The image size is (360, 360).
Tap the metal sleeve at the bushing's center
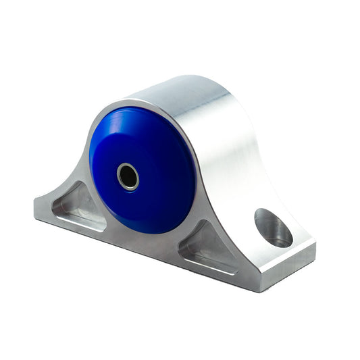pyautogui.click(x=128, y=177)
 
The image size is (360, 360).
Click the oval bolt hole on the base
pyautogui.click(x=274, y=228)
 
